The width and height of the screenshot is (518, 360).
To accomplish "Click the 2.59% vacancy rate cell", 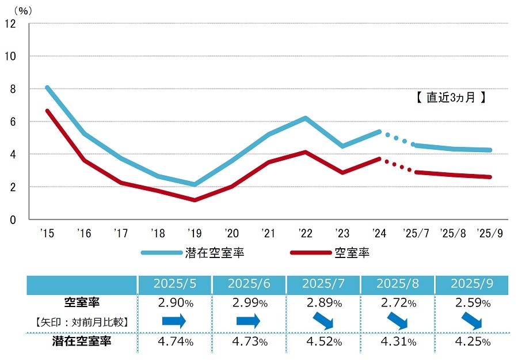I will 471,303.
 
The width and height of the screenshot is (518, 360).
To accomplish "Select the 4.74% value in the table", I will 174,342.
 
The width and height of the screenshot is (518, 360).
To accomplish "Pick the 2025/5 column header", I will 174,284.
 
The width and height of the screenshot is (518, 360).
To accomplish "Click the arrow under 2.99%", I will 249,321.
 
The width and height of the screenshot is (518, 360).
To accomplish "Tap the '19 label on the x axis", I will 194,234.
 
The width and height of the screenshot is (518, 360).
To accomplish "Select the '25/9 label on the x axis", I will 490,234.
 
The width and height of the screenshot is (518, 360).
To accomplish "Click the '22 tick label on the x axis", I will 305,234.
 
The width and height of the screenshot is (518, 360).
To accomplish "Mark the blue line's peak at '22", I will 305,118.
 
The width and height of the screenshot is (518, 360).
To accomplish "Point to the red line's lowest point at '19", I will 195,200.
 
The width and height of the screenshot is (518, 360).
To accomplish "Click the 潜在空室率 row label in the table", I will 81,342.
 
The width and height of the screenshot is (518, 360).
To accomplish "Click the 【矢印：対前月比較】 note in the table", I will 81,321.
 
